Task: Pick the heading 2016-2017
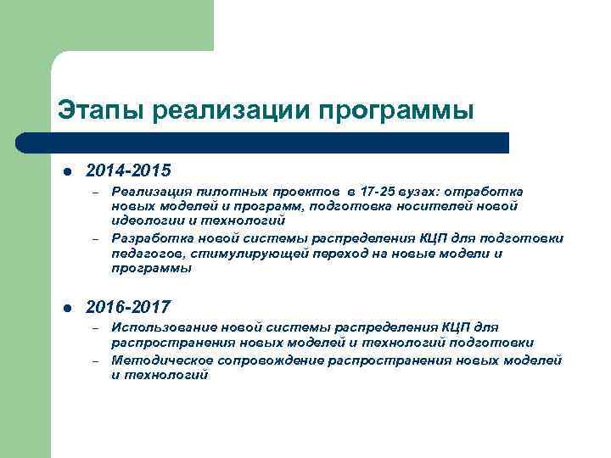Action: (128, 306)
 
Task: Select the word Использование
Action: (163, 327)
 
